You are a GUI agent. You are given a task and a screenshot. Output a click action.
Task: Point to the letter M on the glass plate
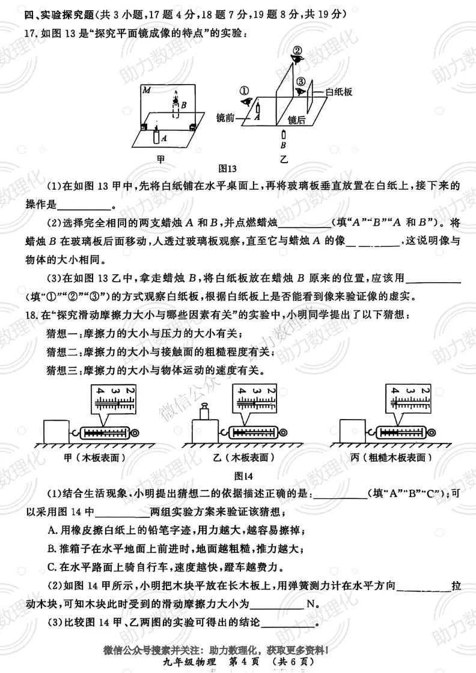(146, 90)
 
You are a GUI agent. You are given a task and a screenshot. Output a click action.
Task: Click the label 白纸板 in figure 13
(338, 92)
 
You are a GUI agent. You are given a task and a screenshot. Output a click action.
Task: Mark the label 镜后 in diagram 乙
(297, 119)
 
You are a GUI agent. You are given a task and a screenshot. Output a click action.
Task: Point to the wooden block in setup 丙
(353, 432)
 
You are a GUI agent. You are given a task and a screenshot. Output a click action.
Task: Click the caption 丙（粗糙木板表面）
(391, 457)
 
